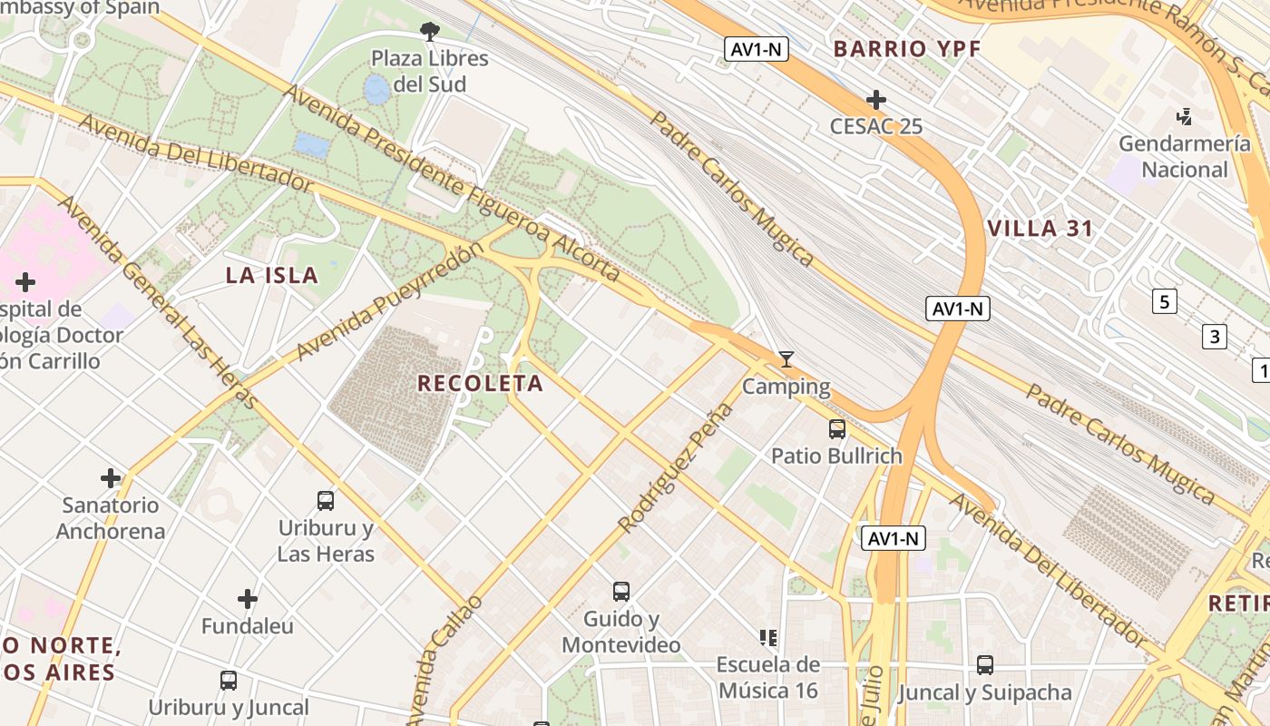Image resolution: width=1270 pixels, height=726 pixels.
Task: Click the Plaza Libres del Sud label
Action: (x=430, y=72)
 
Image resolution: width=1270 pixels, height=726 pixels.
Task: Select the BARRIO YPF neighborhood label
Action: (x=907, y=49)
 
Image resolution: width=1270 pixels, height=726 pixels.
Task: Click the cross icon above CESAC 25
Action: (x=875, y=99)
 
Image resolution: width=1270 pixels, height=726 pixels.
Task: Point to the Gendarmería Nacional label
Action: (x=1184, y=157)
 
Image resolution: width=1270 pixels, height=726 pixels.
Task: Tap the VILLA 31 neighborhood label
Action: (x=1040, y=229)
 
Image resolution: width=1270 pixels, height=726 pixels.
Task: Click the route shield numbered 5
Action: (x=1165, y=301)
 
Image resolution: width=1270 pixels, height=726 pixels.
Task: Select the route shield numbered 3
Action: (x=1214, y=337)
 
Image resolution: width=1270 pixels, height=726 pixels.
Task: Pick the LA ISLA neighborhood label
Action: (x=271, y=276)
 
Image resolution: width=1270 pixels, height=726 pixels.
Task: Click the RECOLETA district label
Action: (x=480, y=384)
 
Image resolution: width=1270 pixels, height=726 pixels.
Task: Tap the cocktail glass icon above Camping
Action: (x=786, y=359)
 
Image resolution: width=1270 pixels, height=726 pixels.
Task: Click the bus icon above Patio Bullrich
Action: (x=836, y=428)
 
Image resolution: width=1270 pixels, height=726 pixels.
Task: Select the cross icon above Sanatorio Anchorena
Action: (x=111, y=478)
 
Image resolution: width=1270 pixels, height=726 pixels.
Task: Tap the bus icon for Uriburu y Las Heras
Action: (x=325, y=500)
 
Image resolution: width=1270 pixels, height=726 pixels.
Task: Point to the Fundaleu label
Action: (x=247, y=626)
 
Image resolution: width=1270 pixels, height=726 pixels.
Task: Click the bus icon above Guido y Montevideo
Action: (x=621, y=592)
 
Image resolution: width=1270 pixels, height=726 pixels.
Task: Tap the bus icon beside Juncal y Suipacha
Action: (x=985, y=665)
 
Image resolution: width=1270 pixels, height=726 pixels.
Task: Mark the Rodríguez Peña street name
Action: (x=676, y=467)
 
